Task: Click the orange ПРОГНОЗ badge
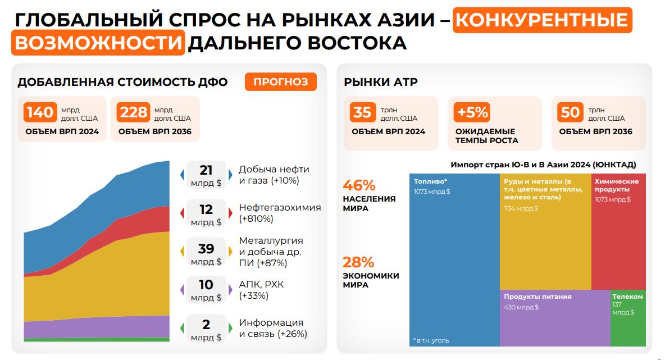(281, 82)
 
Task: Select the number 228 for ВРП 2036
(133, 112)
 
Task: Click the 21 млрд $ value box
(206, 175)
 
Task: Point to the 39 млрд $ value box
(206, 253)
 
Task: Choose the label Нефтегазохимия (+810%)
(280, 213)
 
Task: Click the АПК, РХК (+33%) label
(262, 290)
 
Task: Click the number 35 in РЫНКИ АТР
(362, 112)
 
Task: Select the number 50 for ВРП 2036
(570, 112)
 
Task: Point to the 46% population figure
(359, 185)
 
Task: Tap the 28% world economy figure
(358, 262)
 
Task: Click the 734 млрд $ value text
(521, 208)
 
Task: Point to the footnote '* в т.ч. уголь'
(431, 340)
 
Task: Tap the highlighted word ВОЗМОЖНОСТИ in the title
(98, 43)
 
